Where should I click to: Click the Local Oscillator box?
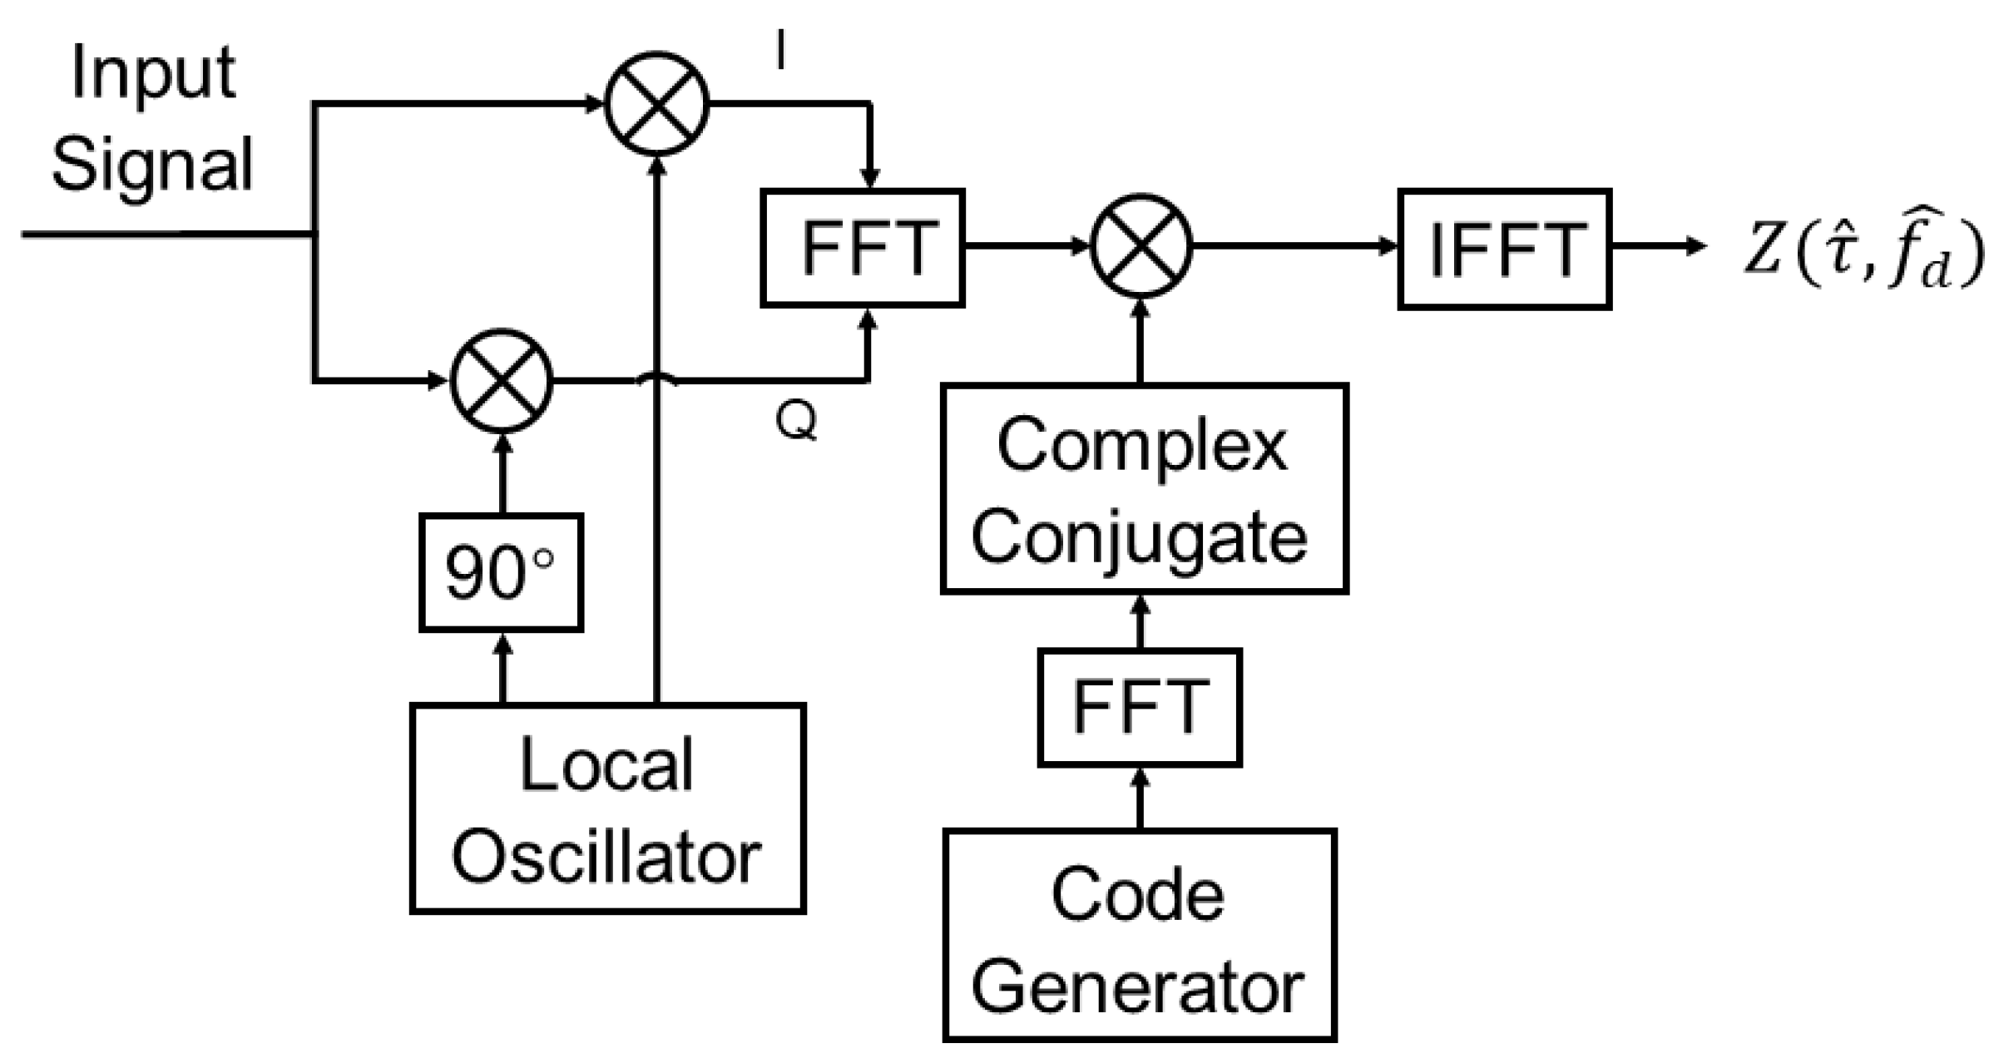coord(607,808)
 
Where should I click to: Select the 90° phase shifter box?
coord(501,572)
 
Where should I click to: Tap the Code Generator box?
coord(1139,934)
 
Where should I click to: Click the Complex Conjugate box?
coord(1144,488)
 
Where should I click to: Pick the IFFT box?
coord(1504,250)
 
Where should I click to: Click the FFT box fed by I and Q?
coord(863,248)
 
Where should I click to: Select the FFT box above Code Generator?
coord(1140,707)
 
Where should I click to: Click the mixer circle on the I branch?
coord(656,104)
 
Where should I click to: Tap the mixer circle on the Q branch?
coord(502,381)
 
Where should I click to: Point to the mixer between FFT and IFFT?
coord(1141,246)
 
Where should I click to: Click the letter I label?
coord(779,52)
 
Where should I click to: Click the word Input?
coord(153,72)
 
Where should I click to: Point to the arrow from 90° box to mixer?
coord(502,474)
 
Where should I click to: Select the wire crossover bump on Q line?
coord(657,378)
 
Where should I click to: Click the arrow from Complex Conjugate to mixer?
coord(1141,341)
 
